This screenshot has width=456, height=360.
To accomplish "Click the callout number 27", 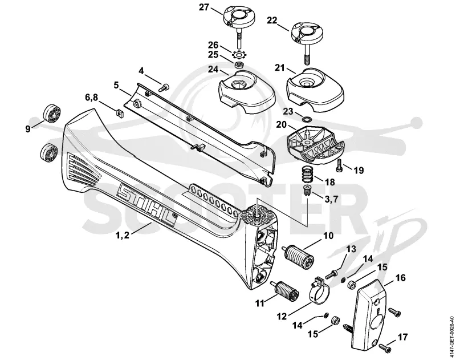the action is (x=204, y=7).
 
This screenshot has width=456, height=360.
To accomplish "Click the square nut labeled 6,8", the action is (x=119, y=112).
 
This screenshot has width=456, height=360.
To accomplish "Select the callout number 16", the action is (x=400, y=278).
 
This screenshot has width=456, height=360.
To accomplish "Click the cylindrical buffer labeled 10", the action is (x=299, y=257).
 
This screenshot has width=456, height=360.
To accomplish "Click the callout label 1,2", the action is (x=123, y=235).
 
